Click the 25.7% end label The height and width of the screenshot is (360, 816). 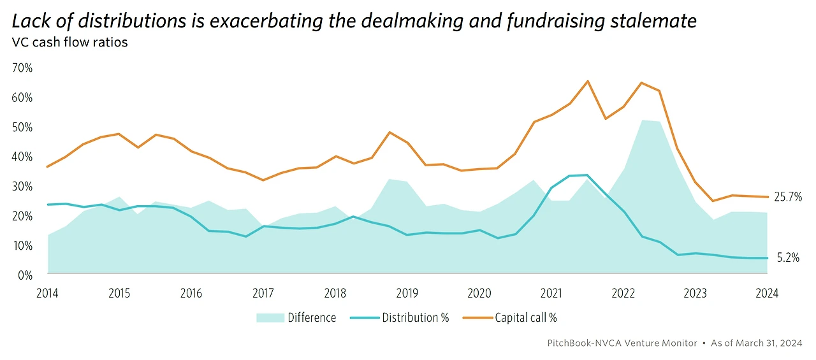(787, 198)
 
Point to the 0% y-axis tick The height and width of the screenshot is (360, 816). (25, 275)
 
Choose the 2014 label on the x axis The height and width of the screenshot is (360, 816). (47, 293)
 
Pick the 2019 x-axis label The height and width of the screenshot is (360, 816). (407, 293)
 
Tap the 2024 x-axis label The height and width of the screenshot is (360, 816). (767, 293)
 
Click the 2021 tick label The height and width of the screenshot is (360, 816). (551, 293)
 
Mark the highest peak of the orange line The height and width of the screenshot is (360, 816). (587, 81)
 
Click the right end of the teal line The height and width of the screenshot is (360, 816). (767, 258)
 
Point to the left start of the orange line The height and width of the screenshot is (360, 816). (48, 167)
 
